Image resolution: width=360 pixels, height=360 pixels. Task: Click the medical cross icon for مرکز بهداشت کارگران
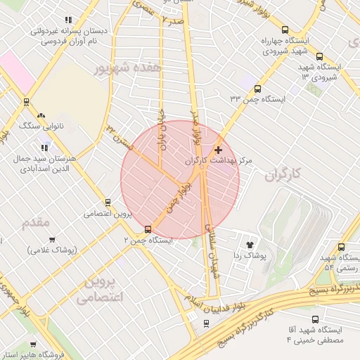(218, 150)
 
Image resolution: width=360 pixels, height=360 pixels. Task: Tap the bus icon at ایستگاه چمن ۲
(148, 229)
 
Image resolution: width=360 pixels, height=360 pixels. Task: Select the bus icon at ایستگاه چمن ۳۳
(257, 89)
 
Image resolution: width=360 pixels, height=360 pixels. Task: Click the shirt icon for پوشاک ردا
(250, 244)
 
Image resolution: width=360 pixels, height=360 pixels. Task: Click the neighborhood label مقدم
(37, 223)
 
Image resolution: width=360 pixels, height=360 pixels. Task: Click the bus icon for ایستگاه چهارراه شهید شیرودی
(285, 30)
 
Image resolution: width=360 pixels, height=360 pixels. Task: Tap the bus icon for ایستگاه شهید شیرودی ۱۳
(320, 57)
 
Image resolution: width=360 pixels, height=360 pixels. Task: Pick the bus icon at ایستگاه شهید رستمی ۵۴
(341, 247)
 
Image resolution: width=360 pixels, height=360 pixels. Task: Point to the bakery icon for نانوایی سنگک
(41, 115)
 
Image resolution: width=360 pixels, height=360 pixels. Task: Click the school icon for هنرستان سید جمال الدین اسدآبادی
(46, 148)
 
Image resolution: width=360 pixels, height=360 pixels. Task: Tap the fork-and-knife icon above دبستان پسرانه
(68, 21)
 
